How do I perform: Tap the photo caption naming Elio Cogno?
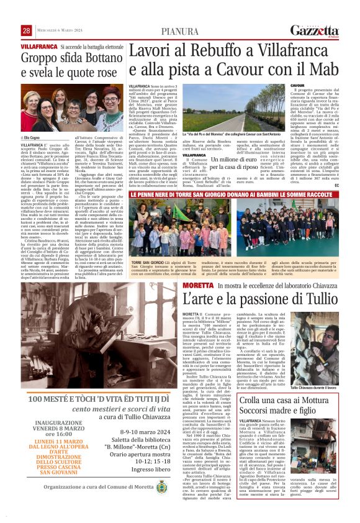click(30, 138)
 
